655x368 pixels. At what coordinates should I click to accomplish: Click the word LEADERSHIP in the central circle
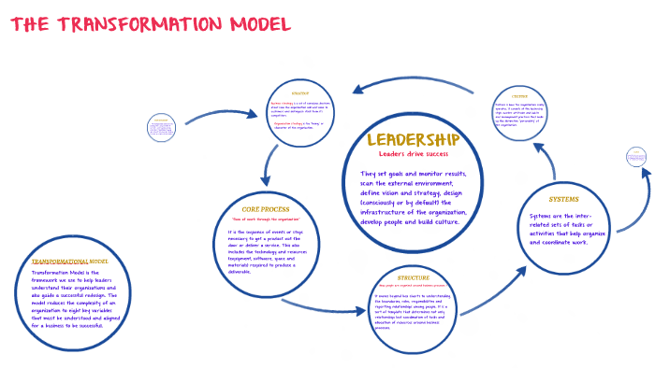(x=420, y=140)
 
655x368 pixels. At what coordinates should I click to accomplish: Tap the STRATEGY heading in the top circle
(x=300, y=94)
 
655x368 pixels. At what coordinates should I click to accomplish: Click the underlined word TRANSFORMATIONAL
(x=60, y=261)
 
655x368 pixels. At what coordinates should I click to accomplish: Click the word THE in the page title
(x=30, y=23)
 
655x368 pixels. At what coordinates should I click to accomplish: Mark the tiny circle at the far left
(x=161, y=128)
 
